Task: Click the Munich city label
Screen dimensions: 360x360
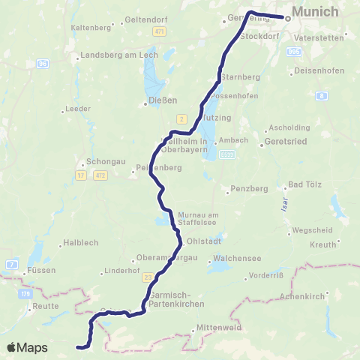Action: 315,12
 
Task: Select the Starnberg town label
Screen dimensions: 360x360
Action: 240,76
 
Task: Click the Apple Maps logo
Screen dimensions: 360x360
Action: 26,347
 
